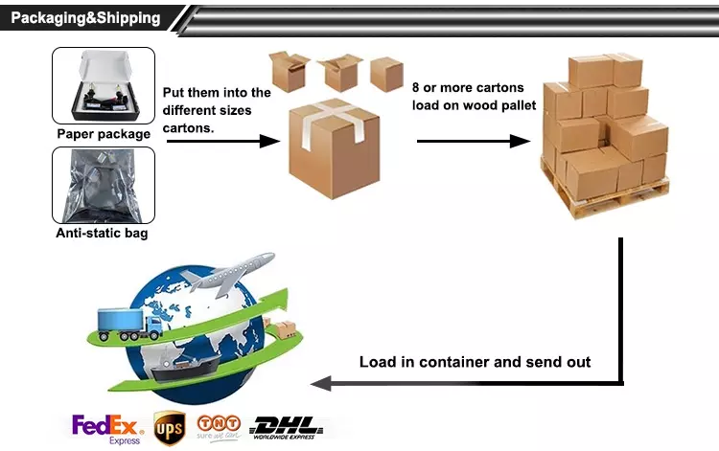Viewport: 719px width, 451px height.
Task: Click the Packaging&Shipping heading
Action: [85, 18]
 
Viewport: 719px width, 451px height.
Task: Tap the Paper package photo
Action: [104, 86]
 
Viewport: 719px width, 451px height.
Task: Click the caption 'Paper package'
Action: [104, 134]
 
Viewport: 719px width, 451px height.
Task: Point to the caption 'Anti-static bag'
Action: [103, 233]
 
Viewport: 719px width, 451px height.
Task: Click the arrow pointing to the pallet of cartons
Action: [474, 141]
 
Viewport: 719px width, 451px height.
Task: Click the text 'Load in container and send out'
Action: [475, 362]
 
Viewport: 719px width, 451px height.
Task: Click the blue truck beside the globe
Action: [129, 324]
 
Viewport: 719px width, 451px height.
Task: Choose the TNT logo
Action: [219, 426]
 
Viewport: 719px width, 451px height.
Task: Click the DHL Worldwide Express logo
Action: [287, 427]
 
